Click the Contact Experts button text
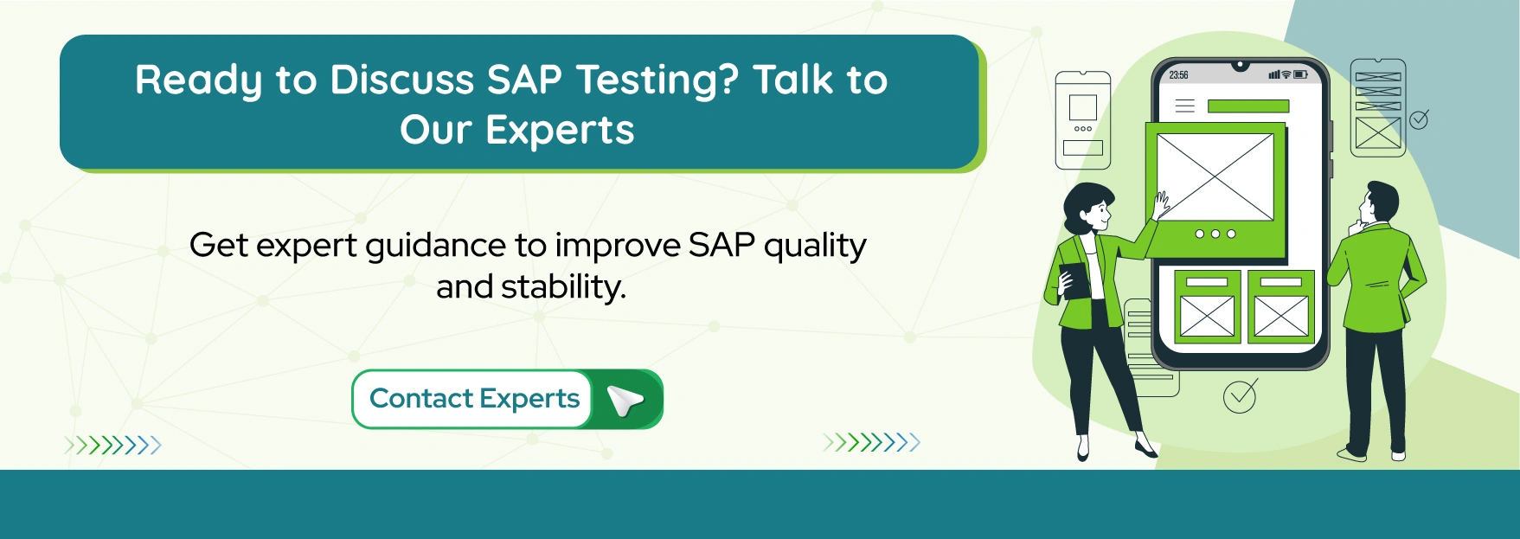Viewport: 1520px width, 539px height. [x=474, y=399]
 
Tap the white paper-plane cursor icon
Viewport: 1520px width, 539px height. [x=625, y=401]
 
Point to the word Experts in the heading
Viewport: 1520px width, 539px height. [x=560, y=131]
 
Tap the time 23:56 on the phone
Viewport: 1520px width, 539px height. [x=1178, y=75]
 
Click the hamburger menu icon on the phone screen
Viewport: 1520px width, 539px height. [x=1184, y=106]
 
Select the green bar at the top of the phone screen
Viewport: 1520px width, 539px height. [x=1247, y=106]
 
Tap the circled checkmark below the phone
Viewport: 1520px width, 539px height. [x=1240, y=396]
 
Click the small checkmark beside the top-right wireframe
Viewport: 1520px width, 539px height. [x=1420, y=119]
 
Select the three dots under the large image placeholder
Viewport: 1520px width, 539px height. [x=1215, y=234]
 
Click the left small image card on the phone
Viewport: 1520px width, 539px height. [x=1207, y=307]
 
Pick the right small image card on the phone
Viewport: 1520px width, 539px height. [x=1281, y=307]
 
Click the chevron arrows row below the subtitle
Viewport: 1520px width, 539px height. [x=871, y=443]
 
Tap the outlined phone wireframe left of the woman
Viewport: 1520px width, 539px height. [x=1082, y=120]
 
